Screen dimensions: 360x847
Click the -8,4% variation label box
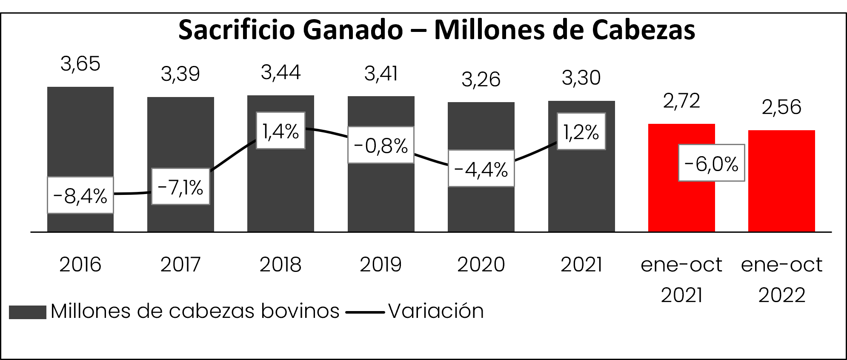(80, 195)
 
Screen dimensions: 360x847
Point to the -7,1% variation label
(180, 186)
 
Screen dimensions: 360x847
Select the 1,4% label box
(280, 131)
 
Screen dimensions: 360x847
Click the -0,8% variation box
(381, 145)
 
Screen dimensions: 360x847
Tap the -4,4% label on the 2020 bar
(481, 169)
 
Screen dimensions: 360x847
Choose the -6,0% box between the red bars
(711, 163)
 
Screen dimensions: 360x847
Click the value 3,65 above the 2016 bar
(80, 63)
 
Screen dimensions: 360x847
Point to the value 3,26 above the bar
(481, 79)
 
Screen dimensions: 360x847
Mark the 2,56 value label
(781, 107)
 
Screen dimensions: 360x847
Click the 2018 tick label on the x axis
(280, 265)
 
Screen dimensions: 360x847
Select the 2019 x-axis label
(381, 265)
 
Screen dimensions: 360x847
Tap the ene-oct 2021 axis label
(681, 279)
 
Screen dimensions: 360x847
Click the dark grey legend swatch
(27, 312)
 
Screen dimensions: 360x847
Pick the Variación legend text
(436, 311)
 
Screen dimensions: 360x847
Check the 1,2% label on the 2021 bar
(581, 131)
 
